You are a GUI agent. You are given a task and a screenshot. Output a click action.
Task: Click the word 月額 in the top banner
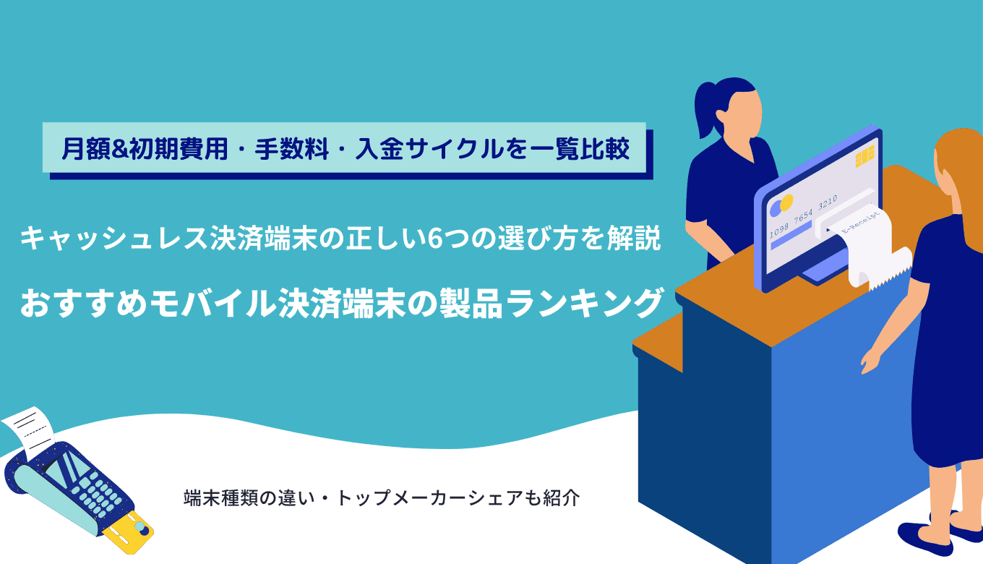pyautogui.click(x=81, y=150)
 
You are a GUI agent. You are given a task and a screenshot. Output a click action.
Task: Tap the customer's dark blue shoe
pyautogui.click(x=922, y=536)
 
